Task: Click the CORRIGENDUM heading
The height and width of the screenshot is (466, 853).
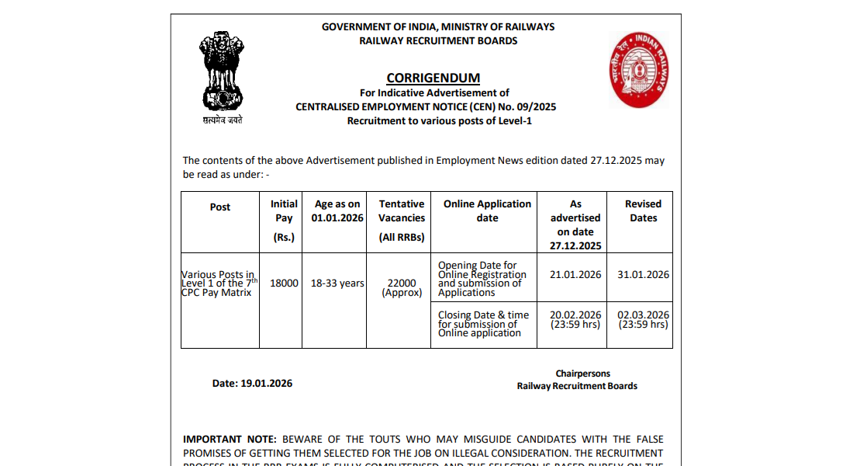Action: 433,78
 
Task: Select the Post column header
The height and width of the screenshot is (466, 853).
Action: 220,207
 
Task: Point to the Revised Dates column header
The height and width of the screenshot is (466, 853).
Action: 643,210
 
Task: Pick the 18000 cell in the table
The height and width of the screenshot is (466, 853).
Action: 284,283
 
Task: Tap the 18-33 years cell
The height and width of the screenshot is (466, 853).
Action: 337,283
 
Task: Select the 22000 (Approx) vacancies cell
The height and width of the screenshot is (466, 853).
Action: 402,287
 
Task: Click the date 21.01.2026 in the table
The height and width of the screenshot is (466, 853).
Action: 575,274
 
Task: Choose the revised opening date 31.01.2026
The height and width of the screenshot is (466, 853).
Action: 643,274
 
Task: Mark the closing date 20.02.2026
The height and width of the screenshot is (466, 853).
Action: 575,315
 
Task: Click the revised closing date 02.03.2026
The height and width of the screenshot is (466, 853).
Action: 643,315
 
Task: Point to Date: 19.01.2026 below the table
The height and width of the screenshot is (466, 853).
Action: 252,383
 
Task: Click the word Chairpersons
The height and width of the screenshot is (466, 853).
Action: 582,374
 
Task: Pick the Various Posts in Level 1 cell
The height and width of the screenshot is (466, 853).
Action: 219,283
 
